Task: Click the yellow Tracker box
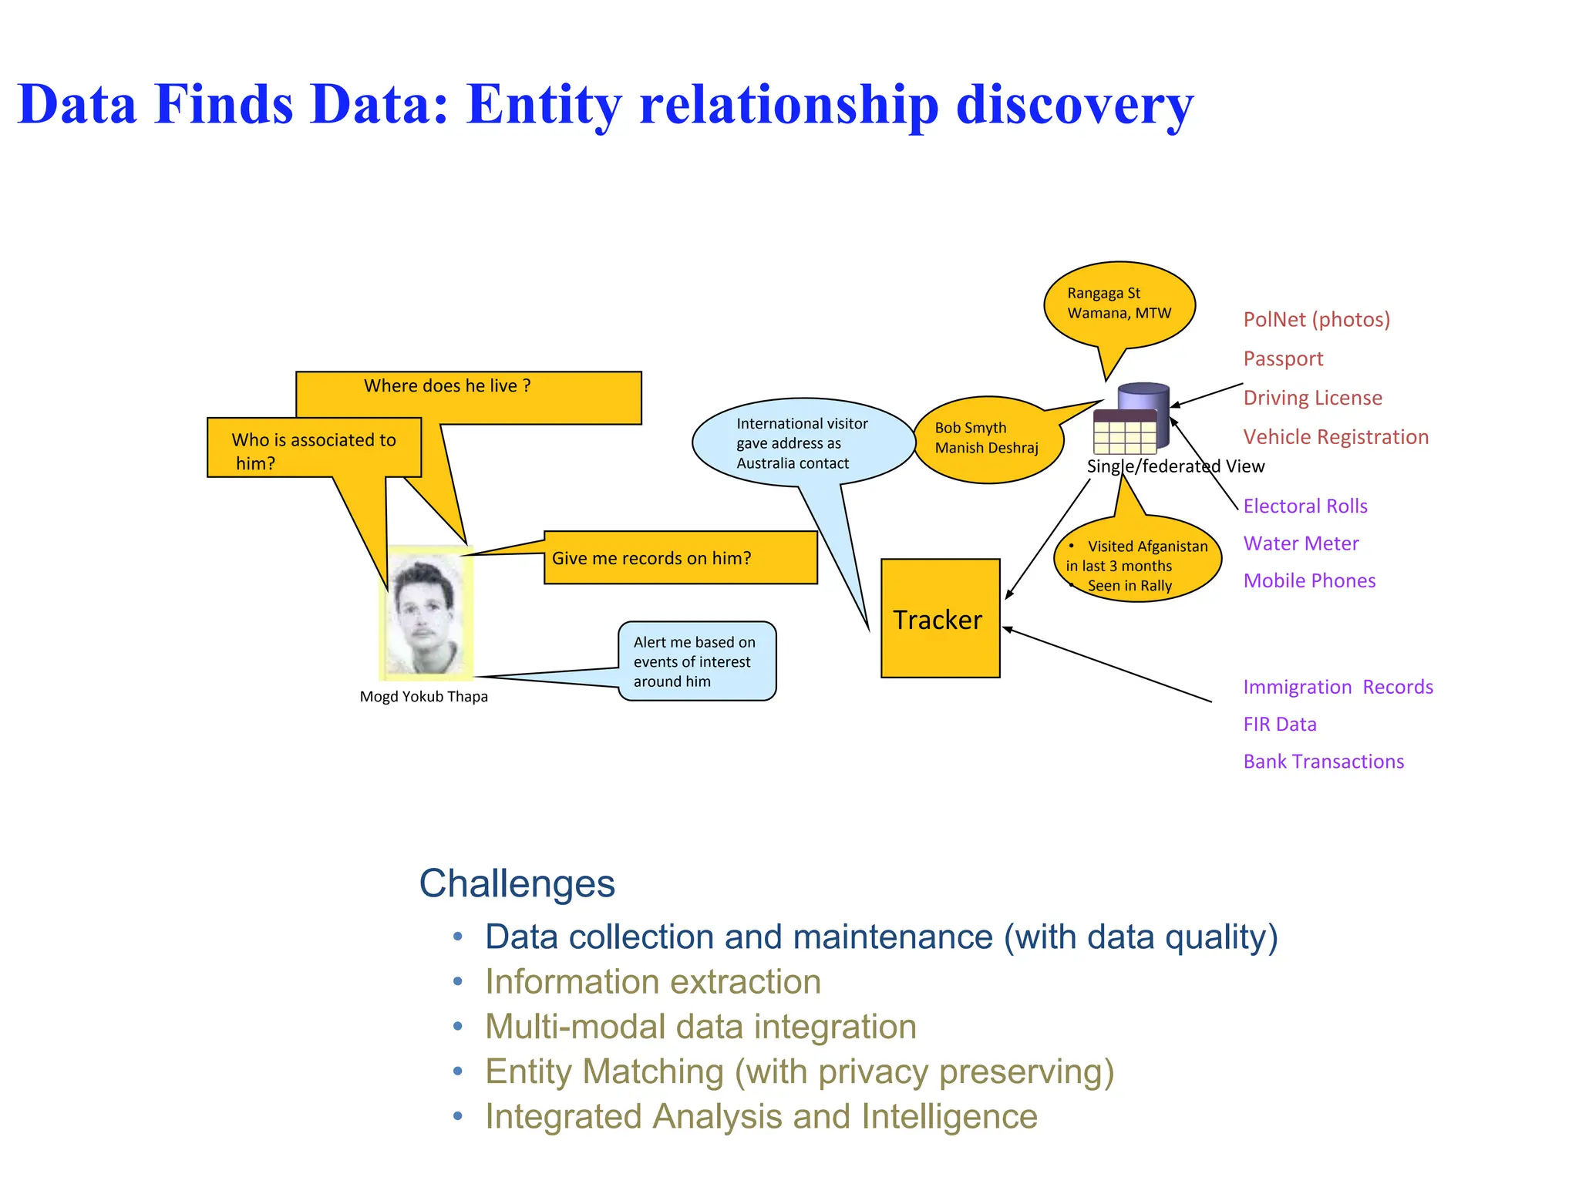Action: [940, 618]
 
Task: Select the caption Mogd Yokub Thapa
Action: [423, 697]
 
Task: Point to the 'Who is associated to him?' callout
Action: [314, 449]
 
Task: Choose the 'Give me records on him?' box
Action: [680, 557]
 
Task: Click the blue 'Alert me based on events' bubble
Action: [696, 661]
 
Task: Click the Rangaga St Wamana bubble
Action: [1119, 304]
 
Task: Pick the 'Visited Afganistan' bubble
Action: [1137, 560]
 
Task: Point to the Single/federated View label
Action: [1175, 466]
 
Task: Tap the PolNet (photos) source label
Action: [1316, 319]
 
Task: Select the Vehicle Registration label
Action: [1335, 437]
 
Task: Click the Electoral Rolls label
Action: [1305, 506]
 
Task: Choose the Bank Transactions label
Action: [1323, 762]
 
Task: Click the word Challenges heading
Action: [517, 883]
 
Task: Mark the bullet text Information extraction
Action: [652, 982]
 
